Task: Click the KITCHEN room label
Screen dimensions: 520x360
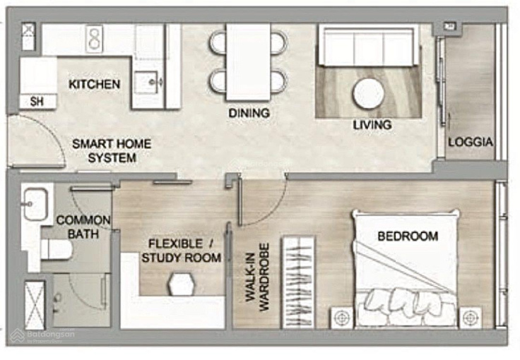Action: pos(94,84)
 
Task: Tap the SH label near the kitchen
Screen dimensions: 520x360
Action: pos(37,102)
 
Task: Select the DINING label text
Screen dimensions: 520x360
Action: pos(249,113)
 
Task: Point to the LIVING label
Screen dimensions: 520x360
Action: pos(372,125)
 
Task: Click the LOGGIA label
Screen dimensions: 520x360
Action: pos(471,142)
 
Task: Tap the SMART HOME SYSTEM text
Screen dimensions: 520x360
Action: pos(112,150)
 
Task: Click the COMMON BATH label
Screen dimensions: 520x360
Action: pos(83,227)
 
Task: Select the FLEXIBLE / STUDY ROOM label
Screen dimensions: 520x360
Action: pos(181,251)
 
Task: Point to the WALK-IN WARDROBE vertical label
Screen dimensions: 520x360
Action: pos(257,277)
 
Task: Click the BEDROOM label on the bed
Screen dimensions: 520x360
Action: pos(408,236)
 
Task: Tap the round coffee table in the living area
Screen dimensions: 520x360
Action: pos(368,93)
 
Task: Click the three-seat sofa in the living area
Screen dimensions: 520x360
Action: pos(368,47)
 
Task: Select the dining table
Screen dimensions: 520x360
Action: pos(249,62)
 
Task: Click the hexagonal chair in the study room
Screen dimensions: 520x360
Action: pos(181,284)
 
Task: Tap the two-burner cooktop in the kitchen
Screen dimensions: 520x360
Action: pos(94,39)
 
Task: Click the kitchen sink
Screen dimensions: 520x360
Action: pos(146,82)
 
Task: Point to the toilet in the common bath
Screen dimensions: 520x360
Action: pos(56,249)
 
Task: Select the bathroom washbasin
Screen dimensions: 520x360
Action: pos(36,204)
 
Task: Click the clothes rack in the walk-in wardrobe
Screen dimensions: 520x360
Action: pos(298,282)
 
